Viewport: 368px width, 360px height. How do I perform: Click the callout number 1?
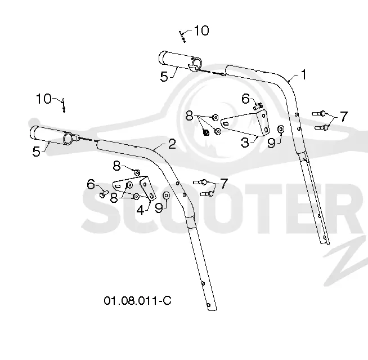click(304, 74)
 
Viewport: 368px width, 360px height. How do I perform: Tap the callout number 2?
click(172, 144)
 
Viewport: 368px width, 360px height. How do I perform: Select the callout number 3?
click(245, 143)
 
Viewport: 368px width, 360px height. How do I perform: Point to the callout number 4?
click(140, 210)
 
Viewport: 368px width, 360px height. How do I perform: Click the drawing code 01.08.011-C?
click(137, 300)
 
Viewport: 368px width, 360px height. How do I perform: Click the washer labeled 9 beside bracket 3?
click(281, 129)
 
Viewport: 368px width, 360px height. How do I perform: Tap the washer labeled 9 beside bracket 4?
click(167, 195)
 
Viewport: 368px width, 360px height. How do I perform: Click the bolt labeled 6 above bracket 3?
click(258, 106)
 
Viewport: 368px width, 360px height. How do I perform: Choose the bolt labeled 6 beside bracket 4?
click(104, 194)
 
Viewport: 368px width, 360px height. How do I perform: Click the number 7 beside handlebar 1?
click(344, 116)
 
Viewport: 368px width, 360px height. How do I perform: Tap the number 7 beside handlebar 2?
click(224, 184)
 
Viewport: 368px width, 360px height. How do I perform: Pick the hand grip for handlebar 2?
click(52, 136)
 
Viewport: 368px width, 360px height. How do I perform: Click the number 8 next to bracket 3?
click(189, 116)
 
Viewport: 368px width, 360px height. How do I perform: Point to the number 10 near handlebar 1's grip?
click(201, 30)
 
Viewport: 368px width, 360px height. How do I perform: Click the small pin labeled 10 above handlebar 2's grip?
click(64, 105)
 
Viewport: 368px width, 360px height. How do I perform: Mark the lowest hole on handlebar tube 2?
click(208, 305)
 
